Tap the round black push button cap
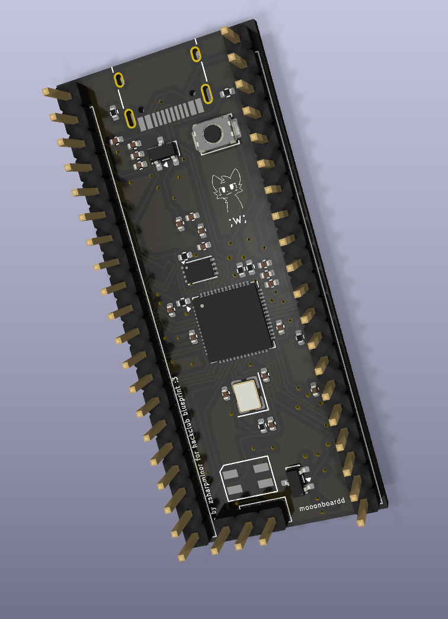click(x=213, y=133)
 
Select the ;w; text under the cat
click(x=237, y=221)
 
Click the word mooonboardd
click(x=322, y=504)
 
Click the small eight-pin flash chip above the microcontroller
click(x=200, y=270)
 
